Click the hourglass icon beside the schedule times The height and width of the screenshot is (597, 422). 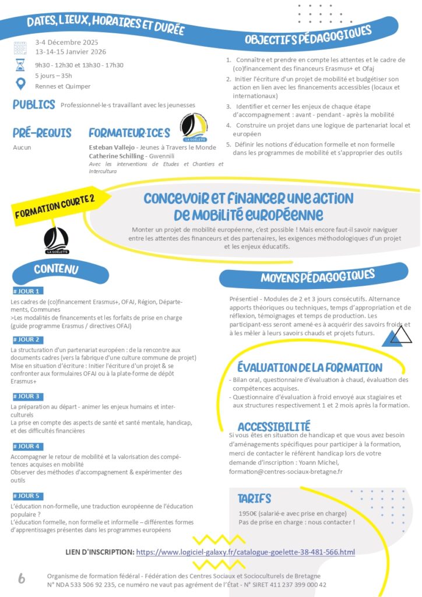[x=20, y=64]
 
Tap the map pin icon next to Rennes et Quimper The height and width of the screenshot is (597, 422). [x=20, y=84]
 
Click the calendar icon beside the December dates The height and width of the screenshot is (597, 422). [x=20, y=47]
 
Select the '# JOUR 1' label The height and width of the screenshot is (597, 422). [x=26, y=291]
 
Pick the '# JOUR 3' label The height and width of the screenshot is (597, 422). [x=26, y=396]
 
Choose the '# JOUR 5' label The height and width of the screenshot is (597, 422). [x=26, y=496]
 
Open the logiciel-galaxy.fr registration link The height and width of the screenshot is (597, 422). [x=245, y=552]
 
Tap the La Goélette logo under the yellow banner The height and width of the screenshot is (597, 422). [x=56, y=240]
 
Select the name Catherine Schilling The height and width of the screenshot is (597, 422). [x=115, y=156]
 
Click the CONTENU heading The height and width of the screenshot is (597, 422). [x=56, y=269]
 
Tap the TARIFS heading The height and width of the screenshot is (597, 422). [x=254, y=498]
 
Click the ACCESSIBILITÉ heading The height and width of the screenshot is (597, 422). [x=274, y=427]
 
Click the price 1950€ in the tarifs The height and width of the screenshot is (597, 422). [x=249, y=513]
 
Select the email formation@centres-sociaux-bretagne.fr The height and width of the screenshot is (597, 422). [x=286, y=471]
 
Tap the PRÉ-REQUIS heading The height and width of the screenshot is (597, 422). [x=42, y=134]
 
